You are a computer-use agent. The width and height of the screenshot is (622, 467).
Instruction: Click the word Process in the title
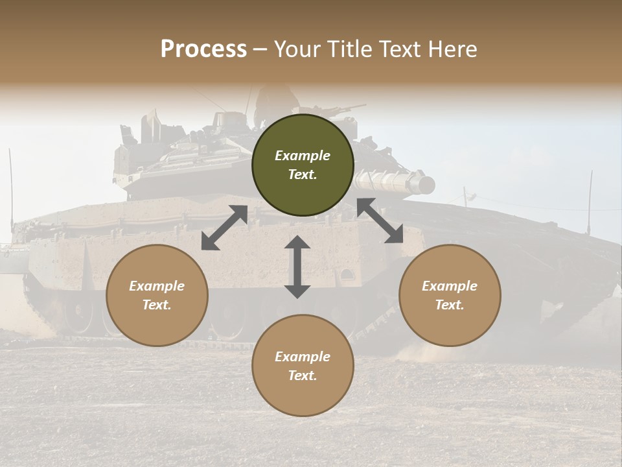click(203, 49)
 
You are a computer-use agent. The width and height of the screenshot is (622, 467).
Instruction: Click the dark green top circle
click(303, 165)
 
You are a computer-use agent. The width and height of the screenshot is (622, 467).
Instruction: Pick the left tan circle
click(157, 295)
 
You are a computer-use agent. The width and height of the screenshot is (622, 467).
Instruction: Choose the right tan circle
click(450, 295)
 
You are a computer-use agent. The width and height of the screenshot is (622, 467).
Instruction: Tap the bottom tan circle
click(303, 366)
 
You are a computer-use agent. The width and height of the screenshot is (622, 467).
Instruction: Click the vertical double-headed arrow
click(297, 267)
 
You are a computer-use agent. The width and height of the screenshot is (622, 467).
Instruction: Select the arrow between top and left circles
click(224, 228)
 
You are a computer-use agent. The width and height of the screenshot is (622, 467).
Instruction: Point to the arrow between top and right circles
click(380, 221)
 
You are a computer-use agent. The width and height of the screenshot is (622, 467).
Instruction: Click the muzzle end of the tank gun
click(426, 186)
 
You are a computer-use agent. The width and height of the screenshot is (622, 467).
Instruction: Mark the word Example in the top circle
click(303, 156)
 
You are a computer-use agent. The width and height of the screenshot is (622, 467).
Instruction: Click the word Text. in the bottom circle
click(303, 376)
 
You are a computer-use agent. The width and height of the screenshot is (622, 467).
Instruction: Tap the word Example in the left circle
click(157, 286)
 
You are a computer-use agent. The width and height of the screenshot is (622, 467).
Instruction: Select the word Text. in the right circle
click(450, 305)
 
